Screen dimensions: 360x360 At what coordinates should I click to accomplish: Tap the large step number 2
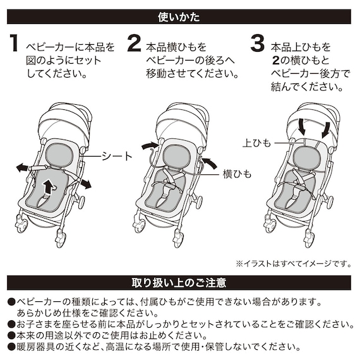(135, 44)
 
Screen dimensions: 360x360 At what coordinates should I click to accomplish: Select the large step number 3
(257, 44)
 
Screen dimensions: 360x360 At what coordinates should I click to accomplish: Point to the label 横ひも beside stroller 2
(237, 172)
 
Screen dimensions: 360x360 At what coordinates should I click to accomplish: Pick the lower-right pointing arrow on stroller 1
(83, 183)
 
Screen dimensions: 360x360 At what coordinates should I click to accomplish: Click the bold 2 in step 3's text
(276, 60)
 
